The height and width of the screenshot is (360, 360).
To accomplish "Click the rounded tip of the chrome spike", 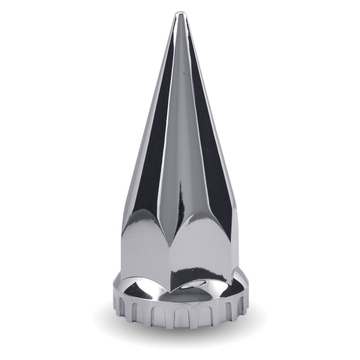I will click(180, 14).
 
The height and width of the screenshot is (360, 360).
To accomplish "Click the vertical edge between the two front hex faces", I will click(180, 261).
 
